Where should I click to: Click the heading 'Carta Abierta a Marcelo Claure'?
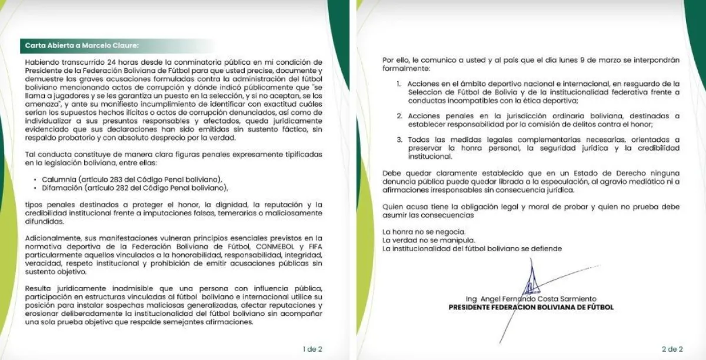point(82,45)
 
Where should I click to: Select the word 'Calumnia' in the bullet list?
point(58,178)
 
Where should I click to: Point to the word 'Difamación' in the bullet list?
point(61,188)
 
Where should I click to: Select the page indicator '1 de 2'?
point(312,349)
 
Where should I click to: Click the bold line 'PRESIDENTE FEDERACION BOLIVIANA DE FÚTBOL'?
point(531,307)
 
